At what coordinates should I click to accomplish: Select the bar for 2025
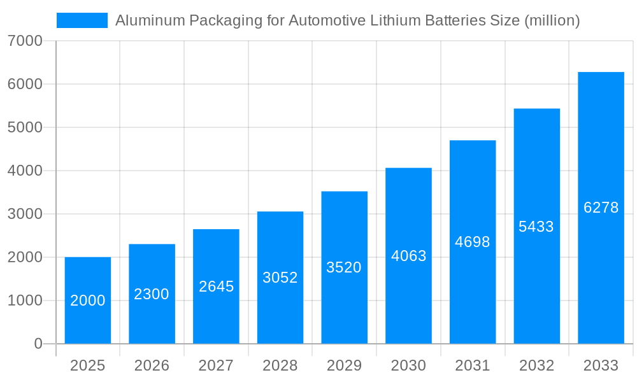(x=88, y=301)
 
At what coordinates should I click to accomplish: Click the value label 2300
(x=152, y=294)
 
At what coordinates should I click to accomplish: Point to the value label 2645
(x=217, y=286)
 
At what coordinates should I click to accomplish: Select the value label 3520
(x=344, y=267)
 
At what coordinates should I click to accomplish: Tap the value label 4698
(x=473, y=242)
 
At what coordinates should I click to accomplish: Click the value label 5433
(x=536, y=227)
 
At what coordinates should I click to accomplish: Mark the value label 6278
(x=601, y=208)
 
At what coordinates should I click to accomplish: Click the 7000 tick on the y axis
(x=25, y=41)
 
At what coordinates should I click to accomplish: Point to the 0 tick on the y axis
(x=38, y=344)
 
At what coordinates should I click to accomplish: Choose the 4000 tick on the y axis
(x=25, y=171)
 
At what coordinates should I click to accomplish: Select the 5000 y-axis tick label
(x=25, y=128)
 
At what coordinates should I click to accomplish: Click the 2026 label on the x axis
(x=152, y=365)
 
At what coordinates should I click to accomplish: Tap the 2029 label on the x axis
(x=344, y=365)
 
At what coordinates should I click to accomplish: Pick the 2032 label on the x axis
(x=536, y=365)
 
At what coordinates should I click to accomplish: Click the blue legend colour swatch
(x=82, y=20)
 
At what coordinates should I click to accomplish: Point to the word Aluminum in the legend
(x=146, y=20)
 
